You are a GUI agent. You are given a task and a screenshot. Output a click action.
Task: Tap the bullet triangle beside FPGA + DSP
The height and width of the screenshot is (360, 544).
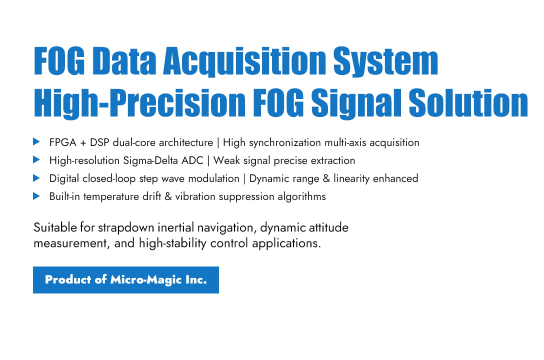36,142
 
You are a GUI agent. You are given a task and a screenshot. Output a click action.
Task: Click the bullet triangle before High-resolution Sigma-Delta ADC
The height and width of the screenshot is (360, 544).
36,160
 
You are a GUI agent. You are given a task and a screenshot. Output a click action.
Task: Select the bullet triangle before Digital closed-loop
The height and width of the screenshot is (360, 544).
36,178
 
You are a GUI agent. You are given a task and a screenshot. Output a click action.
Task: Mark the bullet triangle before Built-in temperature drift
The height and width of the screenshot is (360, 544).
36,196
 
